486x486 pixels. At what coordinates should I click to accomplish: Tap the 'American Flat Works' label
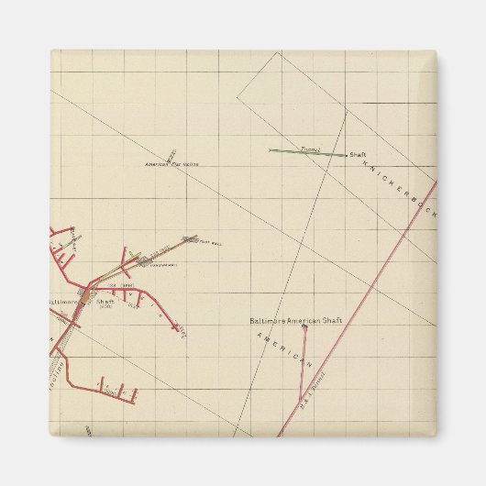pos(172,164)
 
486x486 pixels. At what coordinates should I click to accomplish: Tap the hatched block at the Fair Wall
pos(190,240)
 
